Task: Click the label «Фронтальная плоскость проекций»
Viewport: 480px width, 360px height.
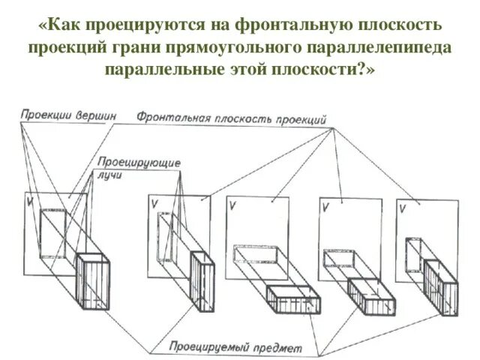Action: [x=231, y=118]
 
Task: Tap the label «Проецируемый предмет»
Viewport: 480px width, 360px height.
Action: [x=235, y=347]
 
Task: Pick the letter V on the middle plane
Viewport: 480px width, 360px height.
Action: [x=235, y=205]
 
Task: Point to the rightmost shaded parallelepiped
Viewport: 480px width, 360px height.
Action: [x=440, y=289]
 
